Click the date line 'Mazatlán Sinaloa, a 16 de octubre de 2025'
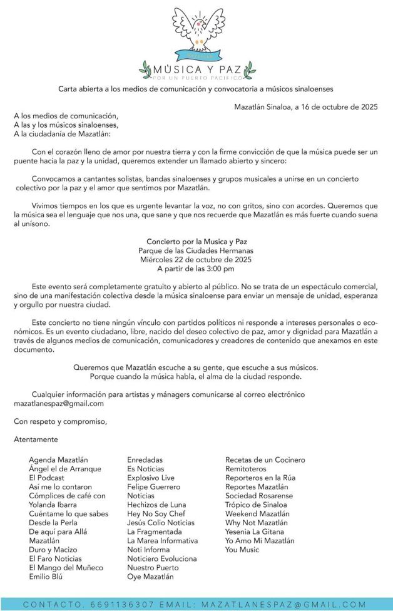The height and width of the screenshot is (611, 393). (305, 106)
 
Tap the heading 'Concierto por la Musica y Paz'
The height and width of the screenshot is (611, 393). (196, 241)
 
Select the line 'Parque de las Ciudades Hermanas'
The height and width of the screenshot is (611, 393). (196, 250)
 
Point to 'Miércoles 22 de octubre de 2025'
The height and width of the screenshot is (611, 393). (196, 259)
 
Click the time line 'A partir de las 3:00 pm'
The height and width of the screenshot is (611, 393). (196, 269)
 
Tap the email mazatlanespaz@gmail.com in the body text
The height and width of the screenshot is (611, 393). (59, 404)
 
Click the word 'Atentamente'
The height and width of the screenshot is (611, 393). (36, 439)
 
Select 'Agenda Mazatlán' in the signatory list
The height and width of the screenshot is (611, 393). (58, 460)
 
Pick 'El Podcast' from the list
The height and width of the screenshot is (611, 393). (46, 478)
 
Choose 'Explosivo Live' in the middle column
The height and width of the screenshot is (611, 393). (151, 478)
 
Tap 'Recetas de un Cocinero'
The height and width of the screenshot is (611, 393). (265, 460)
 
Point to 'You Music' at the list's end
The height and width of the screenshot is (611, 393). (242, 550)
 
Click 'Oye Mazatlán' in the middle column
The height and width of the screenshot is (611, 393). (151, 577)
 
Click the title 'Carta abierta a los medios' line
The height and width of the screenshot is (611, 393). (196, 89)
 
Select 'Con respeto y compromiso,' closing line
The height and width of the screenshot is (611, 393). (60, 421)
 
